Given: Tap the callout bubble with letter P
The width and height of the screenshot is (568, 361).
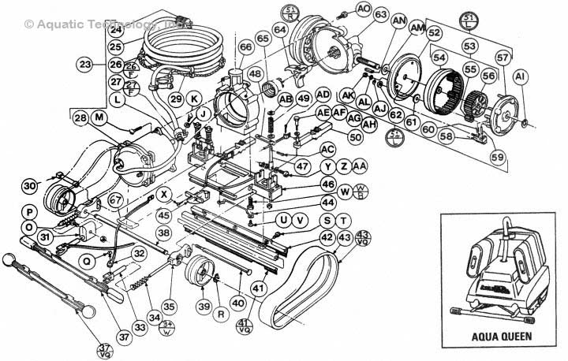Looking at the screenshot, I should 29,212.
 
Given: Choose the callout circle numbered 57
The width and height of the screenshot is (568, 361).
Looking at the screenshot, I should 503,58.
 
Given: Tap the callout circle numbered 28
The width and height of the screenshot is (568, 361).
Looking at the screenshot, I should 80,118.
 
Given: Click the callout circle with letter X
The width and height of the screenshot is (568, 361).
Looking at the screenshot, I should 164,194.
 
